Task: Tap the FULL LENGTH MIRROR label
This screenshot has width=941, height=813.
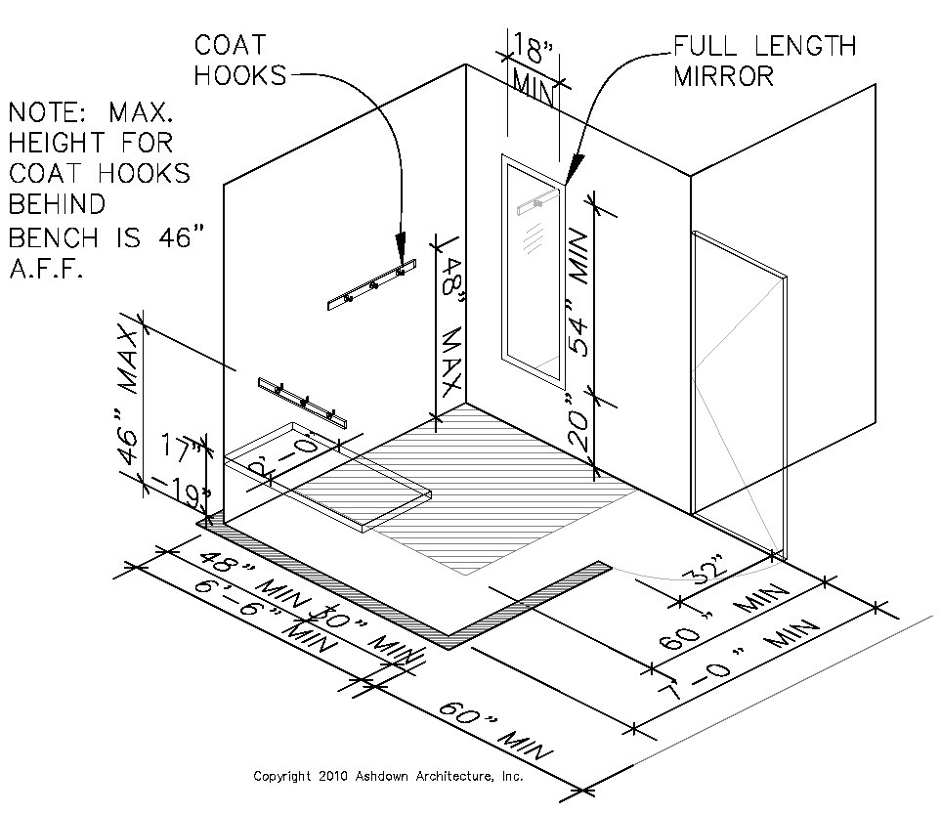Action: (x=764, y=60)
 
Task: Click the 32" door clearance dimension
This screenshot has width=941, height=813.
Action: (x=706, y=568)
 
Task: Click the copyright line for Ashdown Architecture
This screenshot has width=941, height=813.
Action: (x=388, y=777)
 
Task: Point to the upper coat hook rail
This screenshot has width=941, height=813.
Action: (x=371, y=284)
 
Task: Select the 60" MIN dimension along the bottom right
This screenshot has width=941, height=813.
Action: (x=490, y=729)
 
